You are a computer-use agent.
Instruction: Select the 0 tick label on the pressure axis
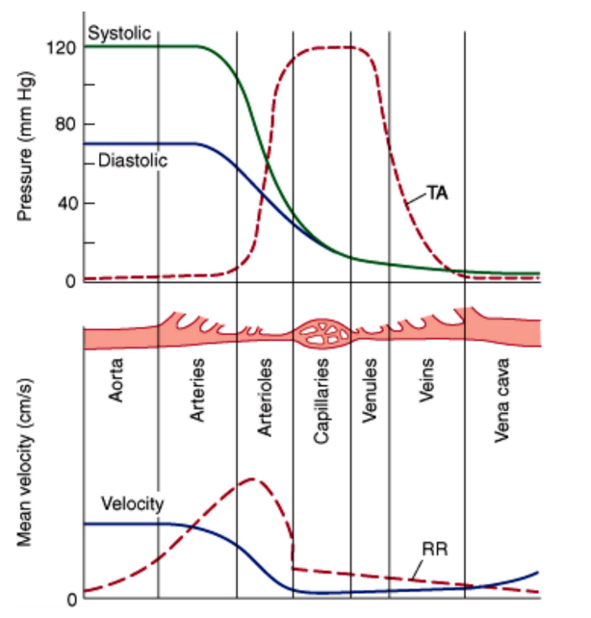70,282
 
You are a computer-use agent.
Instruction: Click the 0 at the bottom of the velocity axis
70,600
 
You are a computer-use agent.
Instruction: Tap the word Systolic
119,34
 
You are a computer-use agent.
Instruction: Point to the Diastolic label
133,161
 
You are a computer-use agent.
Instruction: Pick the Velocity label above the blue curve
132,503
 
